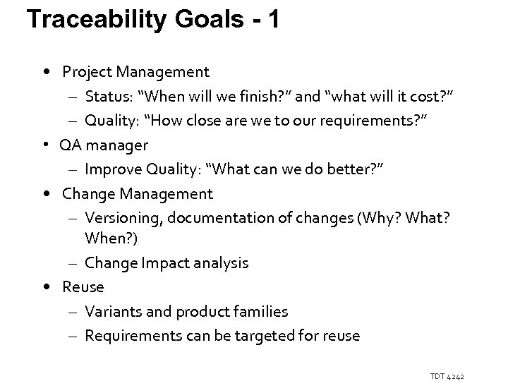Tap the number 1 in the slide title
[272, 19]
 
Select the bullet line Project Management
[135, 71]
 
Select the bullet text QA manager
[104, 145]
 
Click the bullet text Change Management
[137, 193]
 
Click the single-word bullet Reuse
[83, 287]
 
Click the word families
[262, 312]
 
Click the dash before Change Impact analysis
[74, 263]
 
